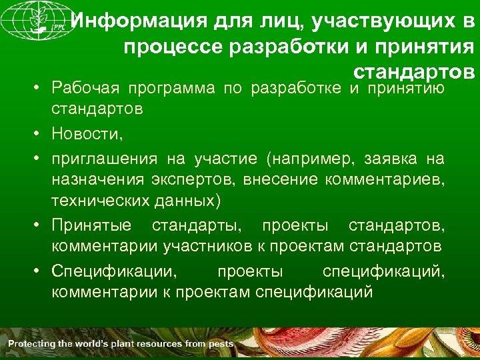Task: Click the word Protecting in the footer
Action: (33, 344)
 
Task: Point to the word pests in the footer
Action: (219, 344)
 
